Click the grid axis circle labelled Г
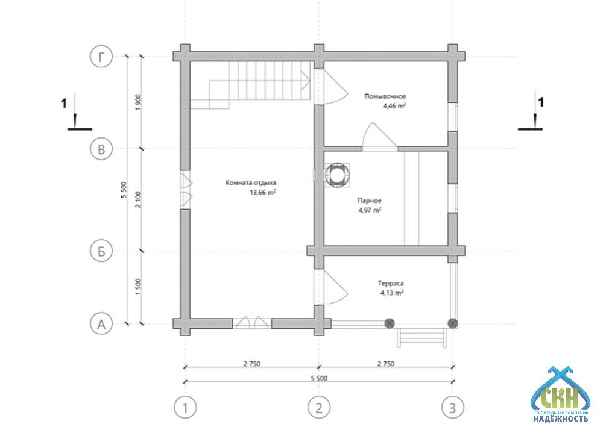click(x=101, y=57)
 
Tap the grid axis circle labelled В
click(x=101, y=149)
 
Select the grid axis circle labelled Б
click(x=101, y=251)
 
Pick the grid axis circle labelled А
click(x=101, y=324)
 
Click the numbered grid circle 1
click(x=185, y=407)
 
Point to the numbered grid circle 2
click(x=319, y=407)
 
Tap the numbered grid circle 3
click(x=453, y=407)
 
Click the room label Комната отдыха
click(x=251, y=183)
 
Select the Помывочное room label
click(x=385, y=96)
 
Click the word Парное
click(x=370, y=201)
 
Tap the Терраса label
click(x=391, y=284)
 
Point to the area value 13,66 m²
click(x=263, y=192)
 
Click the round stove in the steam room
click(x=337, y=175)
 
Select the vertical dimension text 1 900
click(x=139, y=102)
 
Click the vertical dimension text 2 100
click(x=139, y=199)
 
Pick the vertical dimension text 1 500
click(x=139, y=287)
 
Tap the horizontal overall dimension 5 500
click(x=319, y=378)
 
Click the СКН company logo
click(x=560, y=394)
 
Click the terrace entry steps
click(x=422, y=338)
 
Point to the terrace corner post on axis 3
click(x=453, y=323)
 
